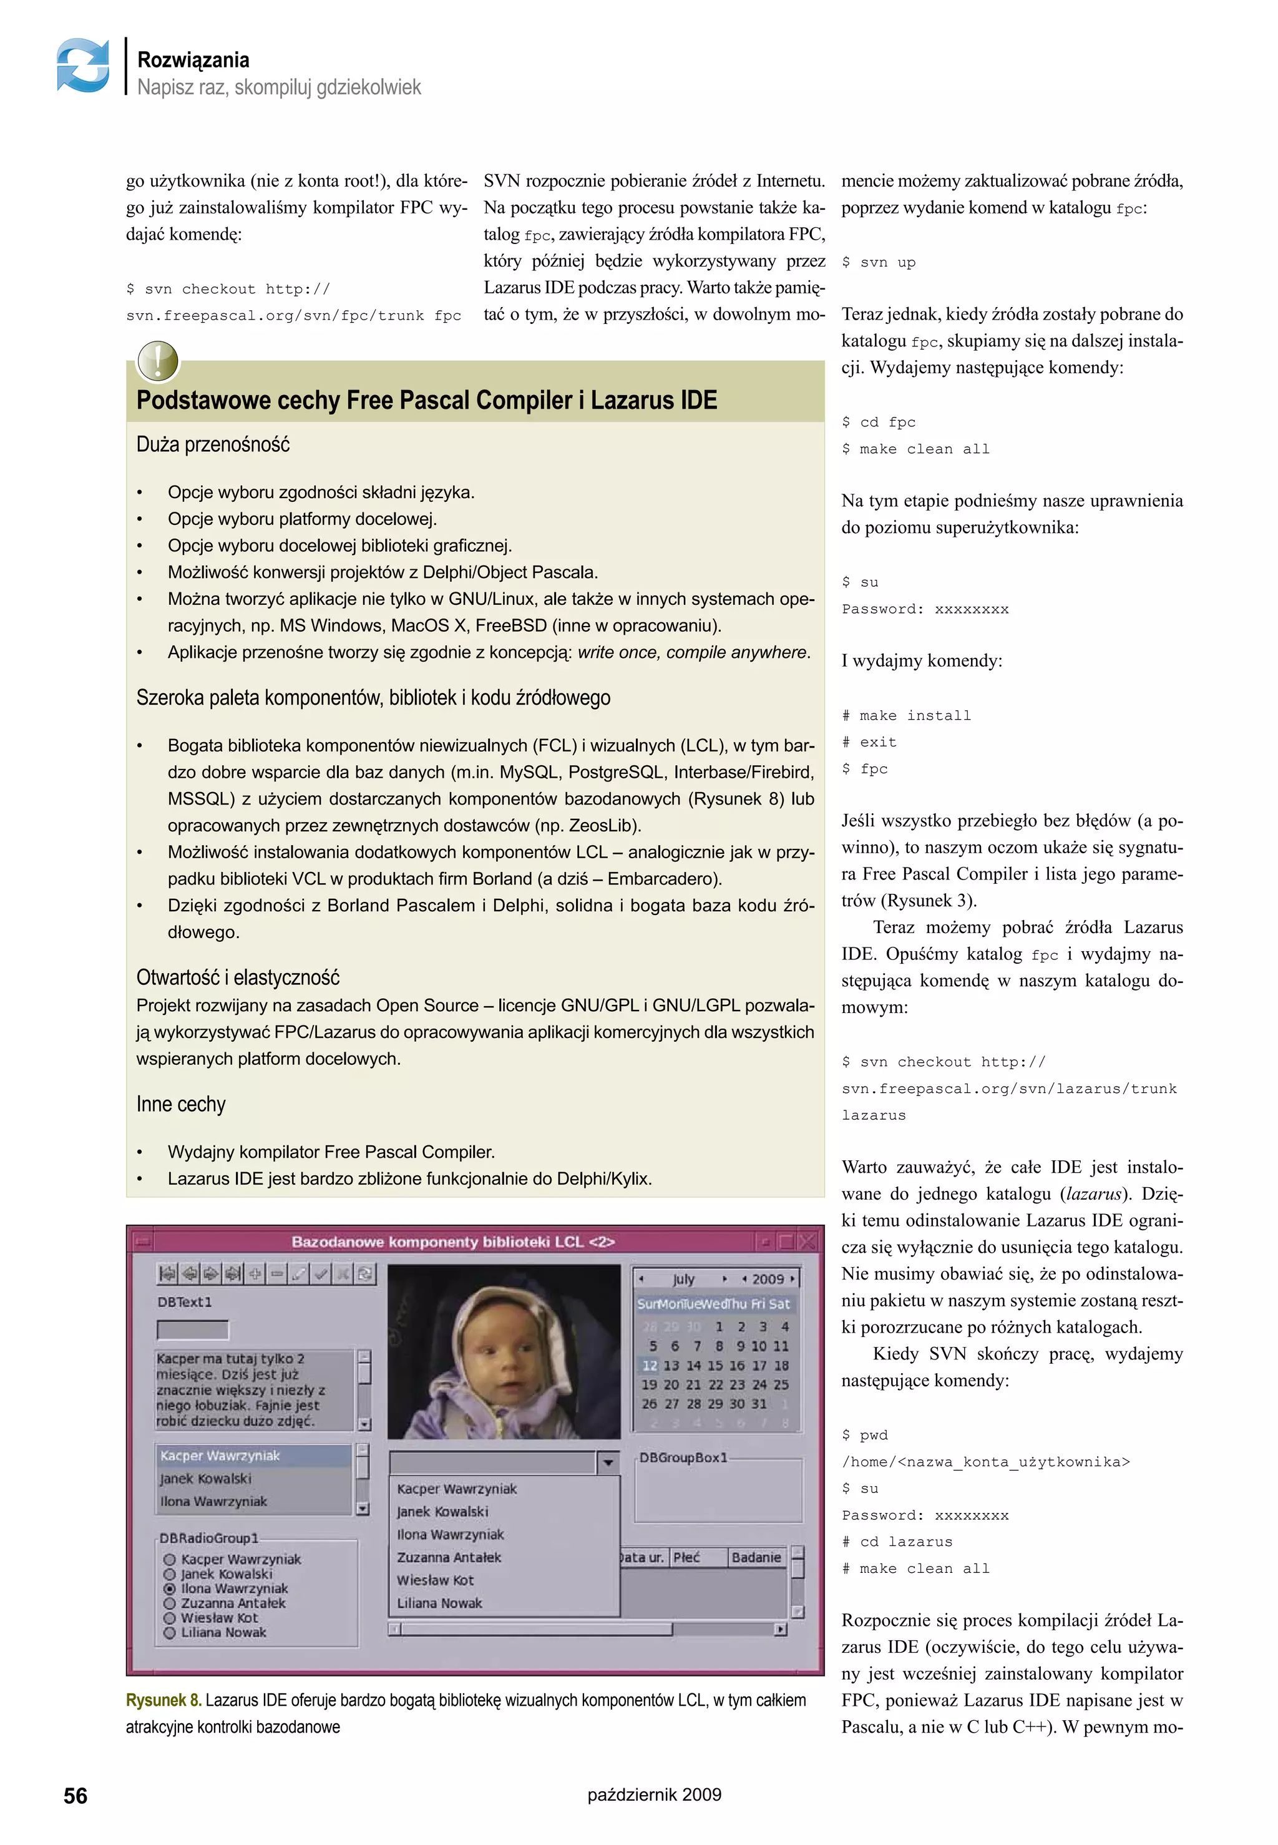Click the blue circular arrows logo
[x=83, y=65]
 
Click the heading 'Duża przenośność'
[x=213, y=444]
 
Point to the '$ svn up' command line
[x=879, y=262]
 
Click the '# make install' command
[x=907, y=715]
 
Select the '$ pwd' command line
[x=865, y=1435]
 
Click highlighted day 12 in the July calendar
[x=650, y=1365]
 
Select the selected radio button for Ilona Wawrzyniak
[x=169, y=1588]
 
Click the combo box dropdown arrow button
[x=608, y=1462]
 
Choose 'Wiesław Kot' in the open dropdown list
[x=436, y=1580]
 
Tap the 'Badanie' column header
[x=756, y=1557]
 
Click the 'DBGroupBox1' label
[x=683, y=1457]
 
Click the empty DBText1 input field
[x=192, y=1329]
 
